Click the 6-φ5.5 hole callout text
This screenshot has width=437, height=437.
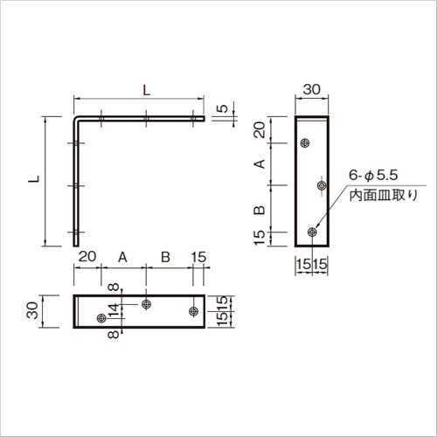point(373,176)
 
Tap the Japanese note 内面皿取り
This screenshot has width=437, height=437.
point(384,195)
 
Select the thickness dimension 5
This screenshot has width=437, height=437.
point(223,108)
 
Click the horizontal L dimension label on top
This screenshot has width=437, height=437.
point(146,90)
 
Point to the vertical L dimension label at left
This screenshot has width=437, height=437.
point(34,178)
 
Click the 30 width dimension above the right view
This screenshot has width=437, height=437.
point(311,89)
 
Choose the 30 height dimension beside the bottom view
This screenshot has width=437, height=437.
point(32,310)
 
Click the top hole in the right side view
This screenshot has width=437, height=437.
point(305,143)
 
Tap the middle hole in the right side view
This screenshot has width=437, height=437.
point(322,185)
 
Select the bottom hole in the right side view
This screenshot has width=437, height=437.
point(312,232)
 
